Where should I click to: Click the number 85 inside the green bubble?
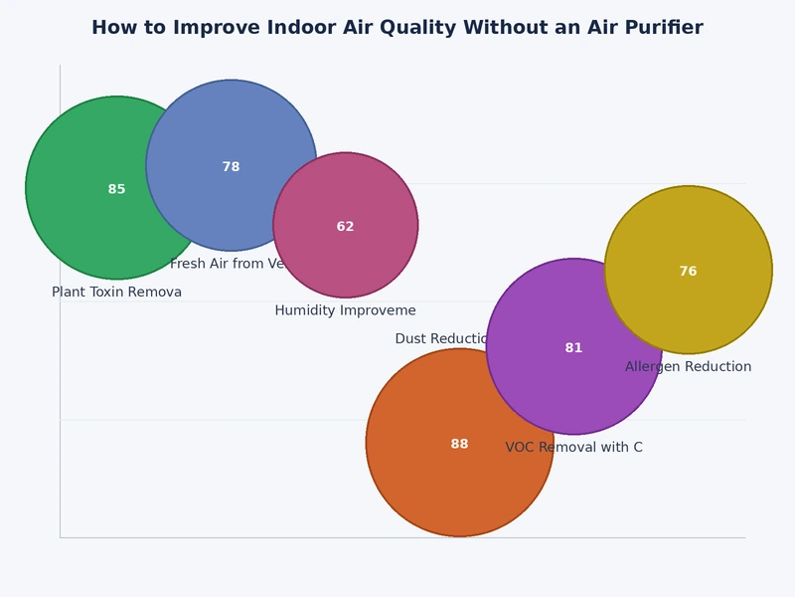(x=116, y=189)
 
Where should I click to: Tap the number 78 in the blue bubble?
(x=231, y=167)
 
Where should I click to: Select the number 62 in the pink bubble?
(x=345, y=227)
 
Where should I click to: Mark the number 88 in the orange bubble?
(x=459, y=444)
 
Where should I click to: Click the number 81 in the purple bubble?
(x=573, y=348)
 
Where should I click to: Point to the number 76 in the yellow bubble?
(x=688, y=272)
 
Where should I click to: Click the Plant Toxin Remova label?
(x=116, y=293)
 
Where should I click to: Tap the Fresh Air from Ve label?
(x=229, y=265)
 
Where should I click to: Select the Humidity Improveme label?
(x=345, y=310)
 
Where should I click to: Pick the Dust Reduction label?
(x=442, y=339)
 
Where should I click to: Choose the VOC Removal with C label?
(x=573, y=448)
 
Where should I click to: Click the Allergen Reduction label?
(x=688, y=367)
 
